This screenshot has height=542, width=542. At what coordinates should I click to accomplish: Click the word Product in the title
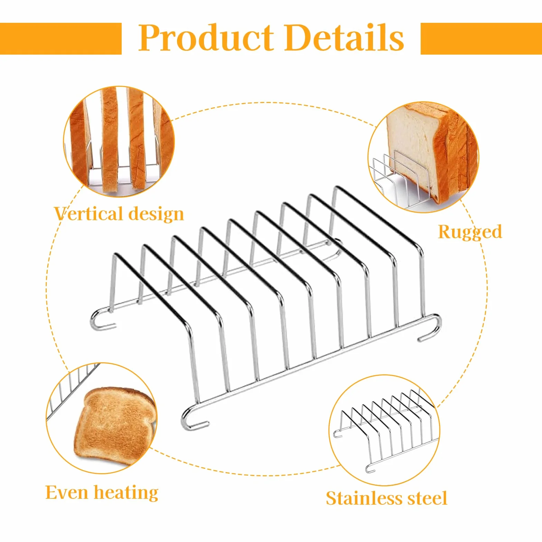tap(206, 38)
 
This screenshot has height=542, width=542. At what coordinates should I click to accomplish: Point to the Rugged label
tap(470, 232)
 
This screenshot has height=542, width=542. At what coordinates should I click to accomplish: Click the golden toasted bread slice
tap(114, 427)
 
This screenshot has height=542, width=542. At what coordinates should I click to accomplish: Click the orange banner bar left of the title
tap(61, 39)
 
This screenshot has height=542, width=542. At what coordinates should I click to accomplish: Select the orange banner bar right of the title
tap(481, 39)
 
